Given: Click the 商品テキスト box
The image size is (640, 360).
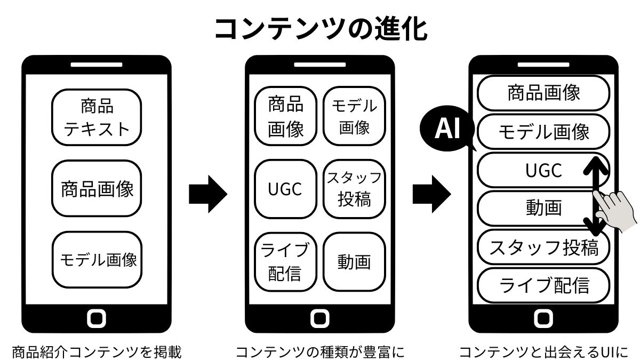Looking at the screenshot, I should pos(97,117).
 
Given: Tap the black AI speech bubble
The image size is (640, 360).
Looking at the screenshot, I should pos(447,130).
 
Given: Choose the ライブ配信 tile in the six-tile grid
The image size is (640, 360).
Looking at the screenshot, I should pos(285,261).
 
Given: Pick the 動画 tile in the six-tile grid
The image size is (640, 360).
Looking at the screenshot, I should pos(354,261).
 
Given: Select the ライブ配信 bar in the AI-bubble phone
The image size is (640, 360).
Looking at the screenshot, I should pos(543,285).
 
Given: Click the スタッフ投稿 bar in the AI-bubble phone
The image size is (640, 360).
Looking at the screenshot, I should pos(543,247).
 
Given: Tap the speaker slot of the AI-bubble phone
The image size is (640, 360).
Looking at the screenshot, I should pos(543,65).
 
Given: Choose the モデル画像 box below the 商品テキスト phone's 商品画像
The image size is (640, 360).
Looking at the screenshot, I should pos(97,260).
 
